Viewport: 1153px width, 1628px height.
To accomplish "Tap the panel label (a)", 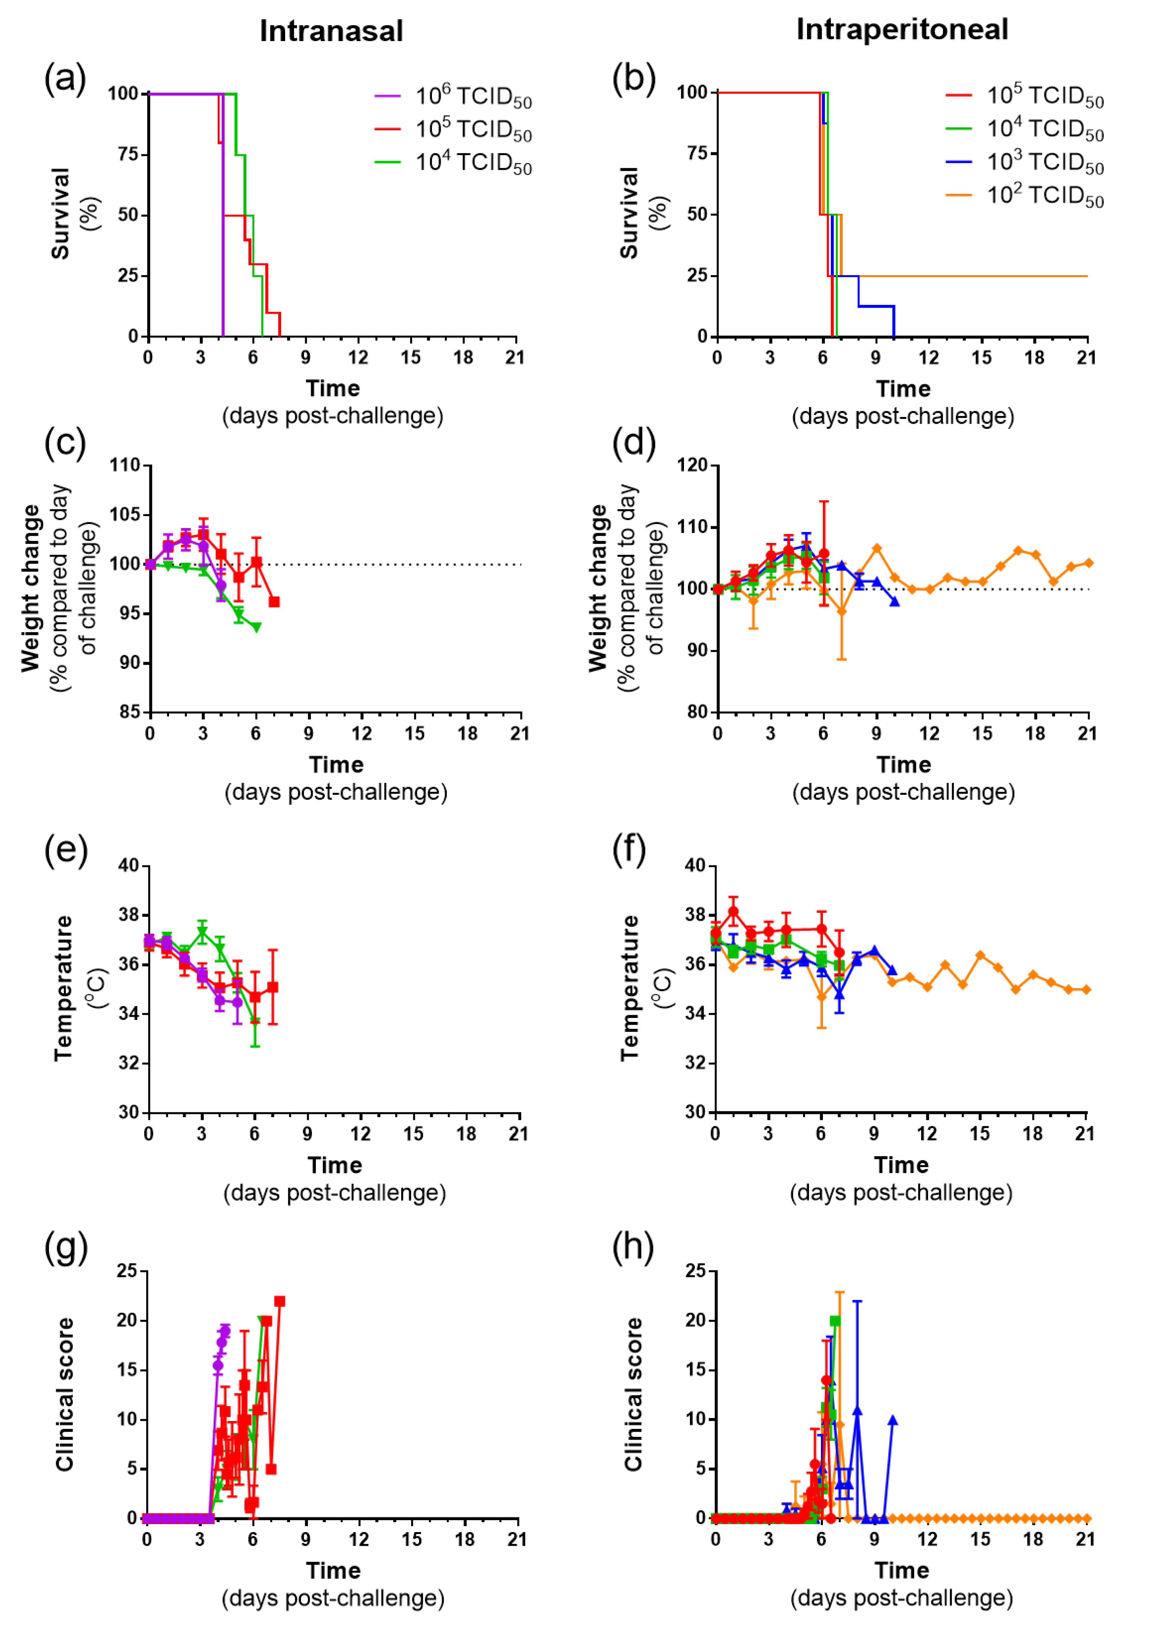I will (x=65, y=78).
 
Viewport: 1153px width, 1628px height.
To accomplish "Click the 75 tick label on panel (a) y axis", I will (x=128, y=154).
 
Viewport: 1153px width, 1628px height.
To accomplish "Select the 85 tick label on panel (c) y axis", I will (x=129, y=712).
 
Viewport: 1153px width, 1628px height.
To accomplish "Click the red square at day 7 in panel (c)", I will (x=274, y=602).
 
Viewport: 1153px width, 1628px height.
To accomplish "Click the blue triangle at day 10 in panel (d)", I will (x=894, y=602).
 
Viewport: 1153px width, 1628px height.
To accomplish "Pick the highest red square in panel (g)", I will (x=280, y=1301).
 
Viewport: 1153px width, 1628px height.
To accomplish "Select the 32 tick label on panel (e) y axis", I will (x=128, y=1064).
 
